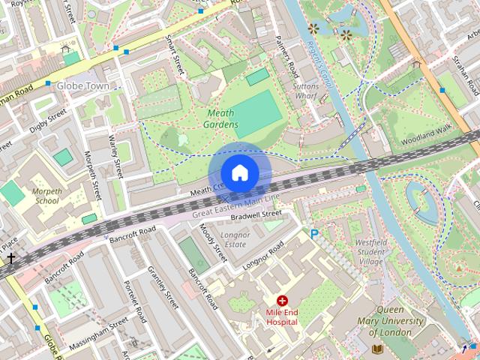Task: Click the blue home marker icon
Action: click(240, 172)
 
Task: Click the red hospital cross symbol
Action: click(282, 300)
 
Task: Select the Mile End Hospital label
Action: click(282, 316)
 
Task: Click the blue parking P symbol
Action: click(314, 235)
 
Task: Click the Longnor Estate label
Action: click(235, 239)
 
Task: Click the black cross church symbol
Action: click(10, 259)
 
